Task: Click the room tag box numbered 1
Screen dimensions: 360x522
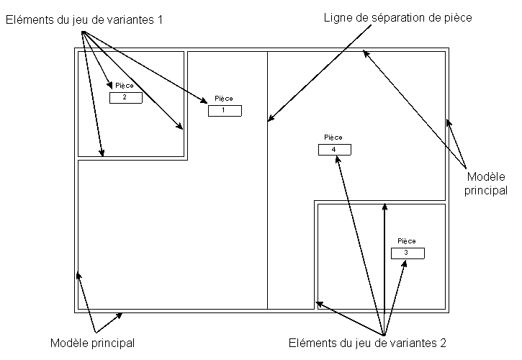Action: (x=225, y=111)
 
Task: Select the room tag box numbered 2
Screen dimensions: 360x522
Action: (x=125, y=97)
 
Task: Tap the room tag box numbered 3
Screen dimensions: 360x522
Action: (x=408, y=253)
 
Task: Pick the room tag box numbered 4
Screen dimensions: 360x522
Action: (x=334, y=150)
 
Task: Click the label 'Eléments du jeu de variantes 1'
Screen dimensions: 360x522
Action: (x=84, y=20)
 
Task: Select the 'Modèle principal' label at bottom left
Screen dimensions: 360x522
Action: (x=93, y=342)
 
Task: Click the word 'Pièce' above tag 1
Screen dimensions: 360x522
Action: (x=224, y=99)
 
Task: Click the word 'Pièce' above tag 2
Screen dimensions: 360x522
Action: (x=125, y=86)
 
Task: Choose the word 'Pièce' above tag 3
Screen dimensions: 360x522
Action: (x=407, y=241)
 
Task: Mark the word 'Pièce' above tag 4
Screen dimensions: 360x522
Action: (x=333, y=138)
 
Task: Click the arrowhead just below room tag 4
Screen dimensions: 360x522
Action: (x=336, y=159)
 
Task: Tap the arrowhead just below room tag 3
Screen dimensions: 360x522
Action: (x=406, y=263)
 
